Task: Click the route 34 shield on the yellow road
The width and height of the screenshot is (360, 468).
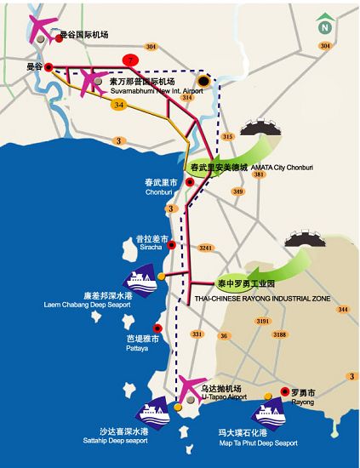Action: (x=119, y=105)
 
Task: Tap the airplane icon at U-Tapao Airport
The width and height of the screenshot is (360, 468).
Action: (x=191, y=386)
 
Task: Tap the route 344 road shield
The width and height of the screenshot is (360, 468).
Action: (x=342, y=309)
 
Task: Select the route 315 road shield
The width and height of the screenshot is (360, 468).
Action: (x=227, y=136)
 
